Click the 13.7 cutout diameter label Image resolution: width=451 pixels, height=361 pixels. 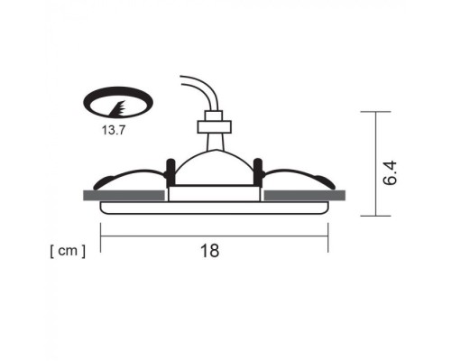pyautogui.click(x=115, y=130)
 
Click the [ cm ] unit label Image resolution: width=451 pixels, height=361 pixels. pyautogui.click(x=67, y=251)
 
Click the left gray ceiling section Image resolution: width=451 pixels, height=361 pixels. pyautogui.click(x=124, y=194)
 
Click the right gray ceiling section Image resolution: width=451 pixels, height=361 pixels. pyautogui.click(x=304, y=194)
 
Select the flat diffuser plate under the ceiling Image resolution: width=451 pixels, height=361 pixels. pyautogui.click(x=214, y=208)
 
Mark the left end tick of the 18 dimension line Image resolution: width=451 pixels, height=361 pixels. pyautogui.click(x=100, y=236)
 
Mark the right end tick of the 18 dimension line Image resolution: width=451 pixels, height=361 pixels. pyautogui.click(x=327, y=236)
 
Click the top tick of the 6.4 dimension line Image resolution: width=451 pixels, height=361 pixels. pyautogui.click(x=375, y=112)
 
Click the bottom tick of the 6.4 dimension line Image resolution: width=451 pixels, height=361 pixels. pyautogui.click(x=375, y=216)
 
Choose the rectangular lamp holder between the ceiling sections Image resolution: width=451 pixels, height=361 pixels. pyautogui.click(x=214, y=193)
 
